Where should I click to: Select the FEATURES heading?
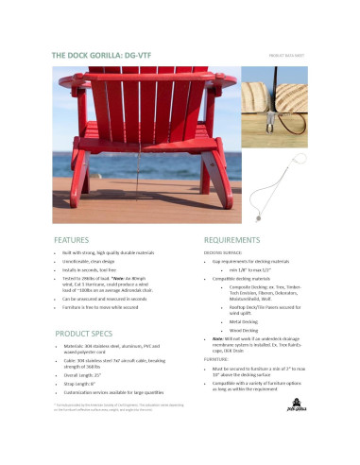coord(72,240)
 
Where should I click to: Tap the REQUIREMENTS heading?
coord(231,240)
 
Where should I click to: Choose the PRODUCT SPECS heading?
coord(85,335)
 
